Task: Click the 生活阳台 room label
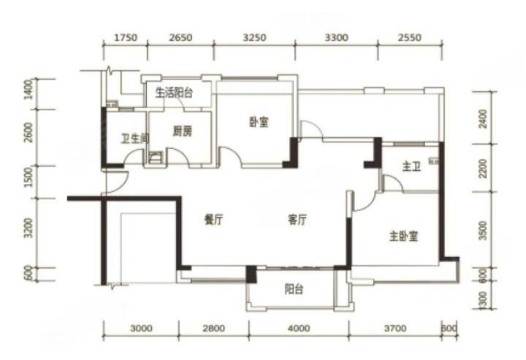174,92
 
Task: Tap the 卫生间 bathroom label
135,138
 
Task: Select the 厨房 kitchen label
182,131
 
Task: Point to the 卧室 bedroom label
259,122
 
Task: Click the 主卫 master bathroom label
411,166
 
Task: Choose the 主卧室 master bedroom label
403,237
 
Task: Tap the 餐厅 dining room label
213,220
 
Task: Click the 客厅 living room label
297,220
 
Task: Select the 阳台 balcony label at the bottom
294,289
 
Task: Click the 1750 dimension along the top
126,37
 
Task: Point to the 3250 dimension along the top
255,37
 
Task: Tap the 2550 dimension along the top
410,37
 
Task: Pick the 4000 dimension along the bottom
299,328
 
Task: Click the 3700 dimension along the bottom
395,328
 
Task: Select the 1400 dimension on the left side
29,89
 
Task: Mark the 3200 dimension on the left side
29,228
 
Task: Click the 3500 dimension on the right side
483,231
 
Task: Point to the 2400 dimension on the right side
483,118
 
